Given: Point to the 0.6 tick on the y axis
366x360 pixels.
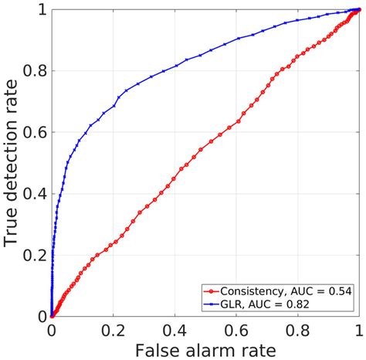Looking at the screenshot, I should [x=32, y=132].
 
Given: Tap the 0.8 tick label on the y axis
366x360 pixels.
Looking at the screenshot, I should [x=32, y=71].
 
